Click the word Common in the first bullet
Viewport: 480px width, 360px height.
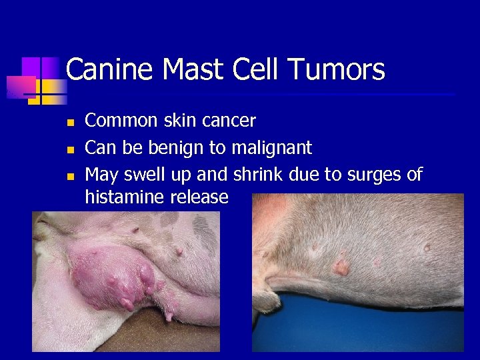click(122, 121)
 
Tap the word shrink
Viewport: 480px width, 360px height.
click(260, 175)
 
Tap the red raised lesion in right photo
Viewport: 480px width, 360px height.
click(341, 267)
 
